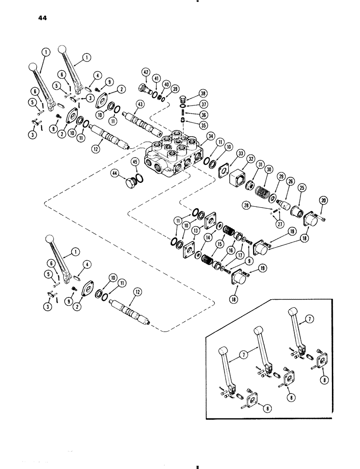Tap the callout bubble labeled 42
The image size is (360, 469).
pyautogui.click(x=145, y=72)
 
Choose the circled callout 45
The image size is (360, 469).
pyautogui.click(x=135, y=162)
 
